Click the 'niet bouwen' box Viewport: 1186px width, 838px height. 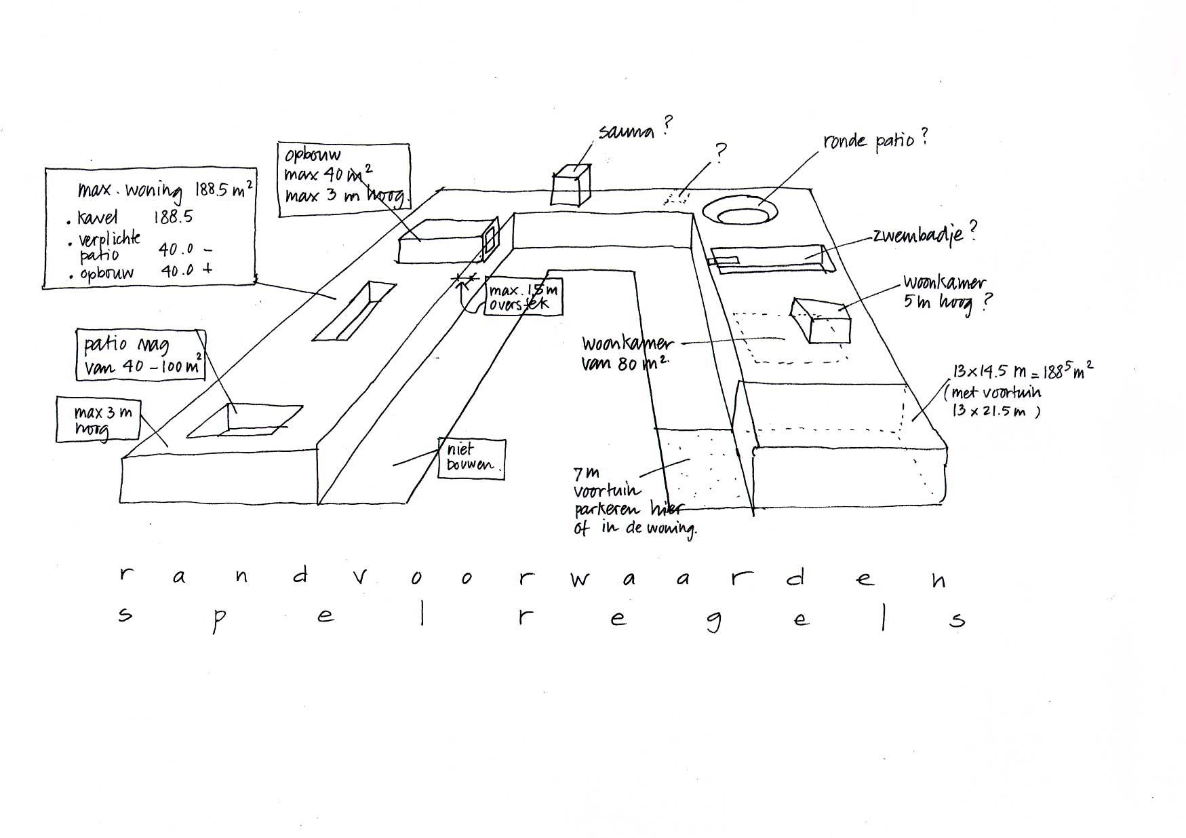pyautogui.click(x=471, y=458)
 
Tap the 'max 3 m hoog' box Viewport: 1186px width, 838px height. pyautogui.click(x=98, y=420)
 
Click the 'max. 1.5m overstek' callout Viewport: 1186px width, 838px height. pyautogui.click(x=523, y=298)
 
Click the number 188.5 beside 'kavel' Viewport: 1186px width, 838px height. pyautogui.click(x=172, y=217)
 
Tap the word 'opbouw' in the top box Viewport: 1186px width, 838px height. pyautogui.click(x=313, y=155)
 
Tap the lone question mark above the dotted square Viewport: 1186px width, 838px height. pyautogui.click(x=721, y=151)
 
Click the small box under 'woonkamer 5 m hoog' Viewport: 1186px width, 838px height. pyautogui.click(x=821, y=320)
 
